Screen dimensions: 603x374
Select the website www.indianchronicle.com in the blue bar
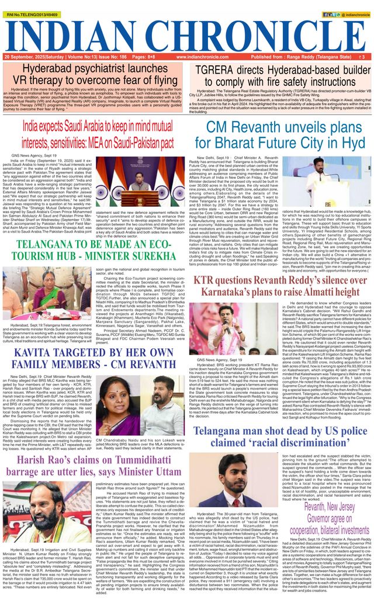click(x=188, y=57)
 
